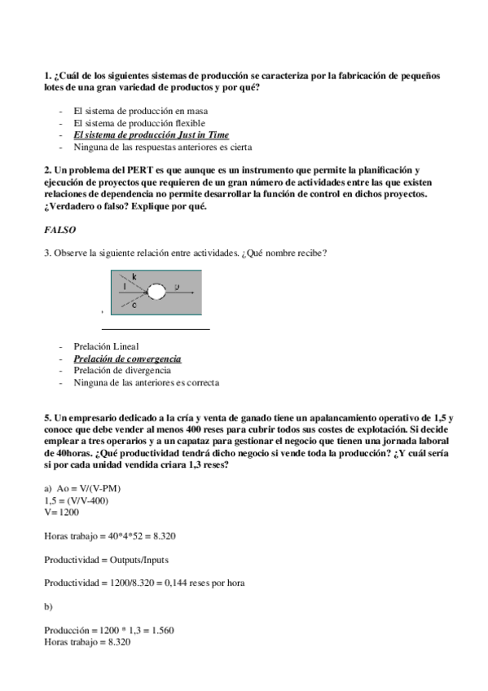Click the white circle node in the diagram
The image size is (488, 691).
[157, 290]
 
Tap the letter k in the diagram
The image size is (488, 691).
[134, 278]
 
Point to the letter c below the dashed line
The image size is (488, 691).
[134, 307]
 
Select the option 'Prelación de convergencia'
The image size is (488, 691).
[127, 359]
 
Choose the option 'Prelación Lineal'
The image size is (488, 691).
[107, 346]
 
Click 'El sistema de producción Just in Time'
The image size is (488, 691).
[151, 134]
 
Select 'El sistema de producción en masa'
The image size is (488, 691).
[139, 110]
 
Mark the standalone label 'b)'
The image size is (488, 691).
[49, 607]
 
